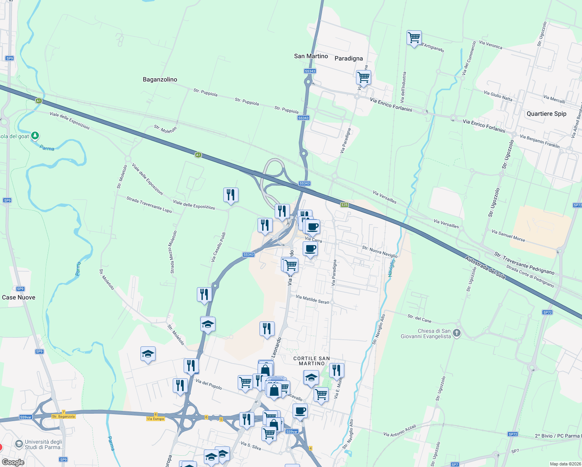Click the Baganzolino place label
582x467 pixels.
[x=160, y=79]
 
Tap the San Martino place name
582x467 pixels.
[x=311, y=56]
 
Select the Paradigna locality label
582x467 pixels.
[x=349, y=58]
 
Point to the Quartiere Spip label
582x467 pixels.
[x=546, y=114]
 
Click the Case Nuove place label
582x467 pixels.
[x=19, y=297]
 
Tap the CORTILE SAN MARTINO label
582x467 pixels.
[x=312, y=361]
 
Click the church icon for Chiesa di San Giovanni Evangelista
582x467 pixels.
[x=457, y=333]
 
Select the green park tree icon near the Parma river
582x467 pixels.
[x=35, y=135]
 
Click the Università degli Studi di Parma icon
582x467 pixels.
[x=19, y=444]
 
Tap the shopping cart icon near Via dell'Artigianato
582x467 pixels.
[x=414, y=38]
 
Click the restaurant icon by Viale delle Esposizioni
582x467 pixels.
[x=231, y=194]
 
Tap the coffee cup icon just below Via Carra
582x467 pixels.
[x=310, y=249]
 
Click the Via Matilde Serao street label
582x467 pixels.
[x=312, y=299]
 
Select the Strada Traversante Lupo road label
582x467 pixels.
[x=149, y=204]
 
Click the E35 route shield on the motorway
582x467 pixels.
[x=344, y=205]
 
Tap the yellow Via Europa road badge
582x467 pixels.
[x=156, y=419]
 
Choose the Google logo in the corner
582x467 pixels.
[x=13, y=462]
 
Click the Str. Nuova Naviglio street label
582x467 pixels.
[x=380, y=251]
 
